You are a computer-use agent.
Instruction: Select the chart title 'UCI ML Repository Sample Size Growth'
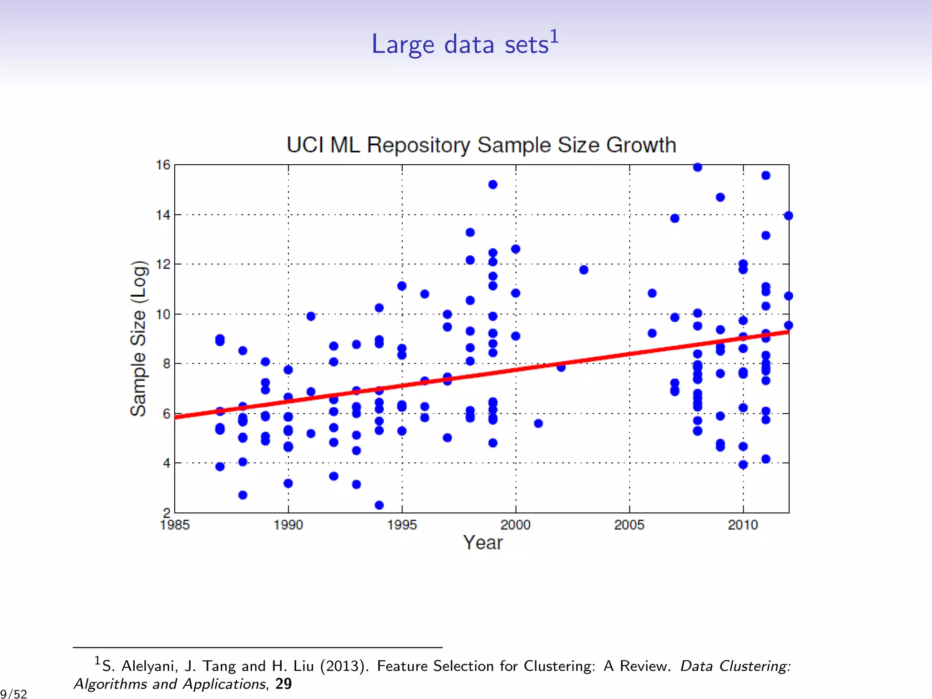pyautogui.click(x=481, y=145)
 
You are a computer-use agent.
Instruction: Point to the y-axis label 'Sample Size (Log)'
pyautogui.click(x=138, y=339)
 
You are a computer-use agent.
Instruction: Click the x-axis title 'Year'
pyautogui.click(x=482, y=542)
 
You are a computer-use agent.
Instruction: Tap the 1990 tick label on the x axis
pyautogui.click(x=288, y=525)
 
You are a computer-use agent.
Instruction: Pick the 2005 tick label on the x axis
pyautogui.click(x=629, y=525)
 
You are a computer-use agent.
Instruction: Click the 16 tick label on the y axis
pyautogui.click(x=163, y=165)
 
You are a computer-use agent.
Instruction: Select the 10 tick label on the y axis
pyautogui.click(x=163, y=314)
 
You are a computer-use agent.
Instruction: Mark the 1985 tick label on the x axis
pyautogui.click(x=175, y=525)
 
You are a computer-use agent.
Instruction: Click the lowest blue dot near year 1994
pyautogui.click(x=379, y=505)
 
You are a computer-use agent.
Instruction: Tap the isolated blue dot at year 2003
pyautogui.click(x=584, y=270)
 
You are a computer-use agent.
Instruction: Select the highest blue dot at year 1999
pyautogui.click(x=493, y=184)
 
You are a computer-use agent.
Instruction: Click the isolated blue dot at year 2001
pyautogui.click(x=538, y=424)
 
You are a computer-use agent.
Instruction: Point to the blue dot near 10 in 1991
pyautogui.click(x=311, y=316)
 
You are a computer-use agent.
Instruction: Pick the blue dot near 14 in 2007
pyautogui.click(x=675, y=218)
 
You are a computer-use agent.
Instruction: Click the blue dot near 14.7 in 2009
pyautogui.click(x=720, y=197)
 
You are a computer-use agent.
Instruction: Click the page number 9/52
pyautogui.click(x=14, y=694)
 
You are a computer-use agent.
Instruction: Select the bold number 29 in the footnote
pyautogui.click(x=284, y=684)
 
